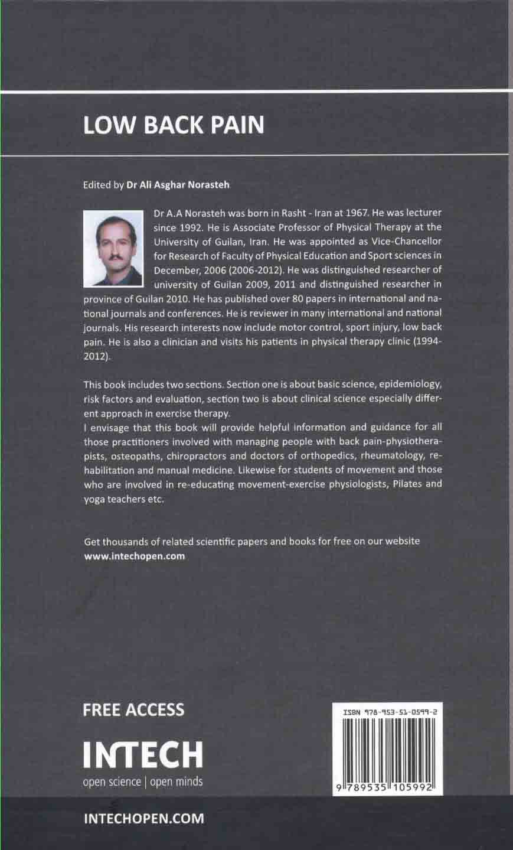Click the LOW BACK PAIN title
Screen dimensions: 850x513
[173, 125]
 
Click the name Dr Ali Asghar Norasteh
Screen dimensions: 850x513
[178, 184]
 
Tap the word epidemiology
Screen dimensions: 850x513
[408, 385]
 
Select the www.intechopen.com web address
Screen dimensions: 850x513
[135, 556]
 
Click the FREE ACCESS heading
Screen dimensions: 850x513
[133, 709]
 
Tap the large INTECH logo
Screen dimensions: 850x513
[142, 754]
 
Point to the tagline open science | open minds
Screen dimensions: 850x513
[142, 781]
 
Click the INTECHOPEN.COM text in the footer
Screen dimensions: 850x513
[144, 819]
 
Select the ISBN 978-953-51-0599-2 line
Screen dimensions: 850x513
[388, 714]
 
